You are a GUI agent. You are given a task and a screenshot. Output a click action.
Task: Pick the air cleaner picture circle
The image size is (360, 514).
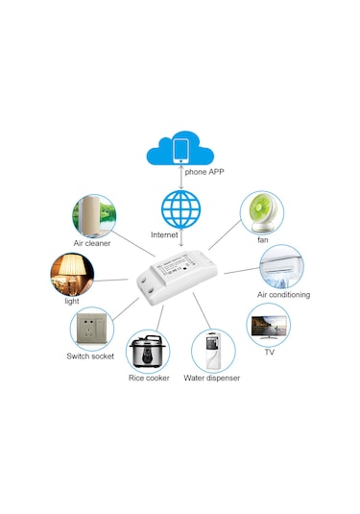(x=93, y=216)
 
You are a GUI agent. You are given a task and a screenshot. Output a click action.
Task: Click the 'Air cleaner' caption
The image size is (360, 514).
(x=93, y=243)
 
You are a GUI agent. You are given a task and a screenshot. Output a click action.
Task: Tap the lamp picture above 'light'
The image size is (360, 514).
(x=73, y=273)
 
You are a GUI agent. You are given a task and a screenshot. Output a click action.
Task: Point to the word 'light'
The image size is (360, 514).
(x=72, y=301)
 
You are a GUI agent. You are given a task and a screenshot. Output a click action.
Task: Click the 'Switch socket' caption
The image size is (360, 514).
(x=90, y=356)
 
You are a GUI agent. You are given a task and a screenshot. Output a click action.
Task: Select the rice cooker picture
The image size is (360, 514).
(x=149, y=351)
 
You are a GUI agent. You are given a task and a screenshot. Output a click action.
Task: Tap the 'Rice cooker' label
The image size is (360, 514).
(x=149, y=379)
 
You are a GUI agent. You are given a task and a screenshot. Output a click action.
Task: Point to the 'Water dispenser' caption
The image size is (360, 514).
(x=212, y=379)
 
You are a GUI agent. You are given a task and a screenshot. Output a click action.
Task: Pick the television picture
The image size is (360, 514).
(x=268, y=326)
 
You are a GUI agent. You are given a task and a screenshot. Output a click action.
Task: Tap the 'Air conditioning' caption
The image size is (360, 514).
(x=283, y=295)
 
